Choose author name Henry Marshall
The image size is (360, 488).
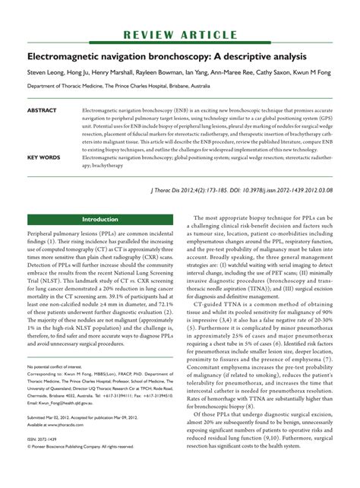click(x=108, y=74)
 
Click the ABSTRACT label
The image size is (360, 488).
click(x=42, y=110)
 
